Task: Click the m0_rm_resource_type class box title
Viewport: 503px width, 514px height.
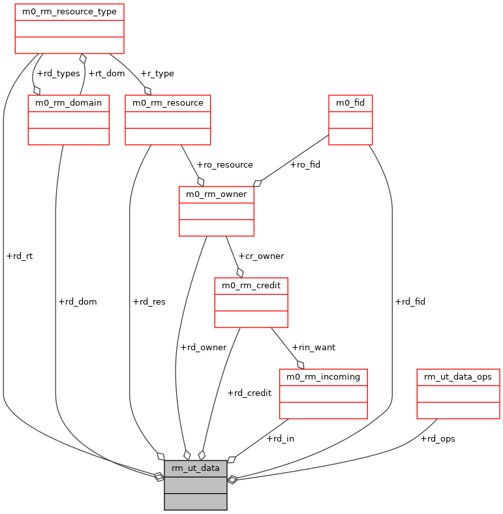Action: coord(69,12)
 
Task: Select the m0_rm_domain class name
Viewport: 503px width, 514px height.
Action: coord(69,103)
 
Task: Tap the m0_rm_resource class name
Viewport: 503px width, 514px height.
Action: coord(168,103)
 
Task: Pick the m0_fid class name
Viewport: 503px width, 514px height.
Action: coord(350,103)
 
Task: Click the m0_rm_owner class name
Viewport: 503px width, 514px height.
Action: coord(216,194)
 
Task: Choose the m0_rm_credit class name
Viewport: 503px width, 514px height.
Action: coord(251,286)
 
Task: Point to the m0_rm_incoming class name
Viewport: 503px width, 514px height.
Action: coord(324,377)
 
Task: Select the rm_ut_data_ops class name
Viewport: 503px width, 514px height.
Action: coord(458,377)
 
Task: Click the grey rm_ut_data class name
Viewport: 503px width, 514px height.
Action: coord(196,468)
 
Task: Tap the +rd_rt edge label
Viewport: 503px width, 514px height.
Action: coord(19,256)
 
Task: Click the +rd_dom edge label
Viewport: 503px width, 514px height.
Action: coord(78,302)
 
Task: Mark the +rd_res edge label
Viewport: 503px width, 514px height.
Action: coord(149,302)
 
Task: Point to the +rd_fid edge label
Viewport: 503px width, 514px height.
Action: coord(410,302)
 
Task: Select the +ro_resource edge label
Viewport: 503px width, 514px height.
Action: coord(224,165)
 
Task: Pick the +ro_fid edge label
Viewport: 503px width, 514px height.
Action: coord(305,165)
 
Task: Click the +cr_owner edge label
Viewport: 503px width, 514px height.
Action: coord(261,256)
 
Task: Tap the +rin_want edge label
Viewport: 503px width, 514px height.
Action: coord(313,348)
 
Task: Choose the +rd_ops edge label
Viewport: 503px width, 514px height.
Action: coord(437,439)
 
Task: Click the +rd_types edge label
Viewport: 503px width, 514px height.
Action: coord(58,74)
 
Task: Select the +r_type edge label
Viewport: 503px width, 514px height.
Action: coord(157,74)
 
